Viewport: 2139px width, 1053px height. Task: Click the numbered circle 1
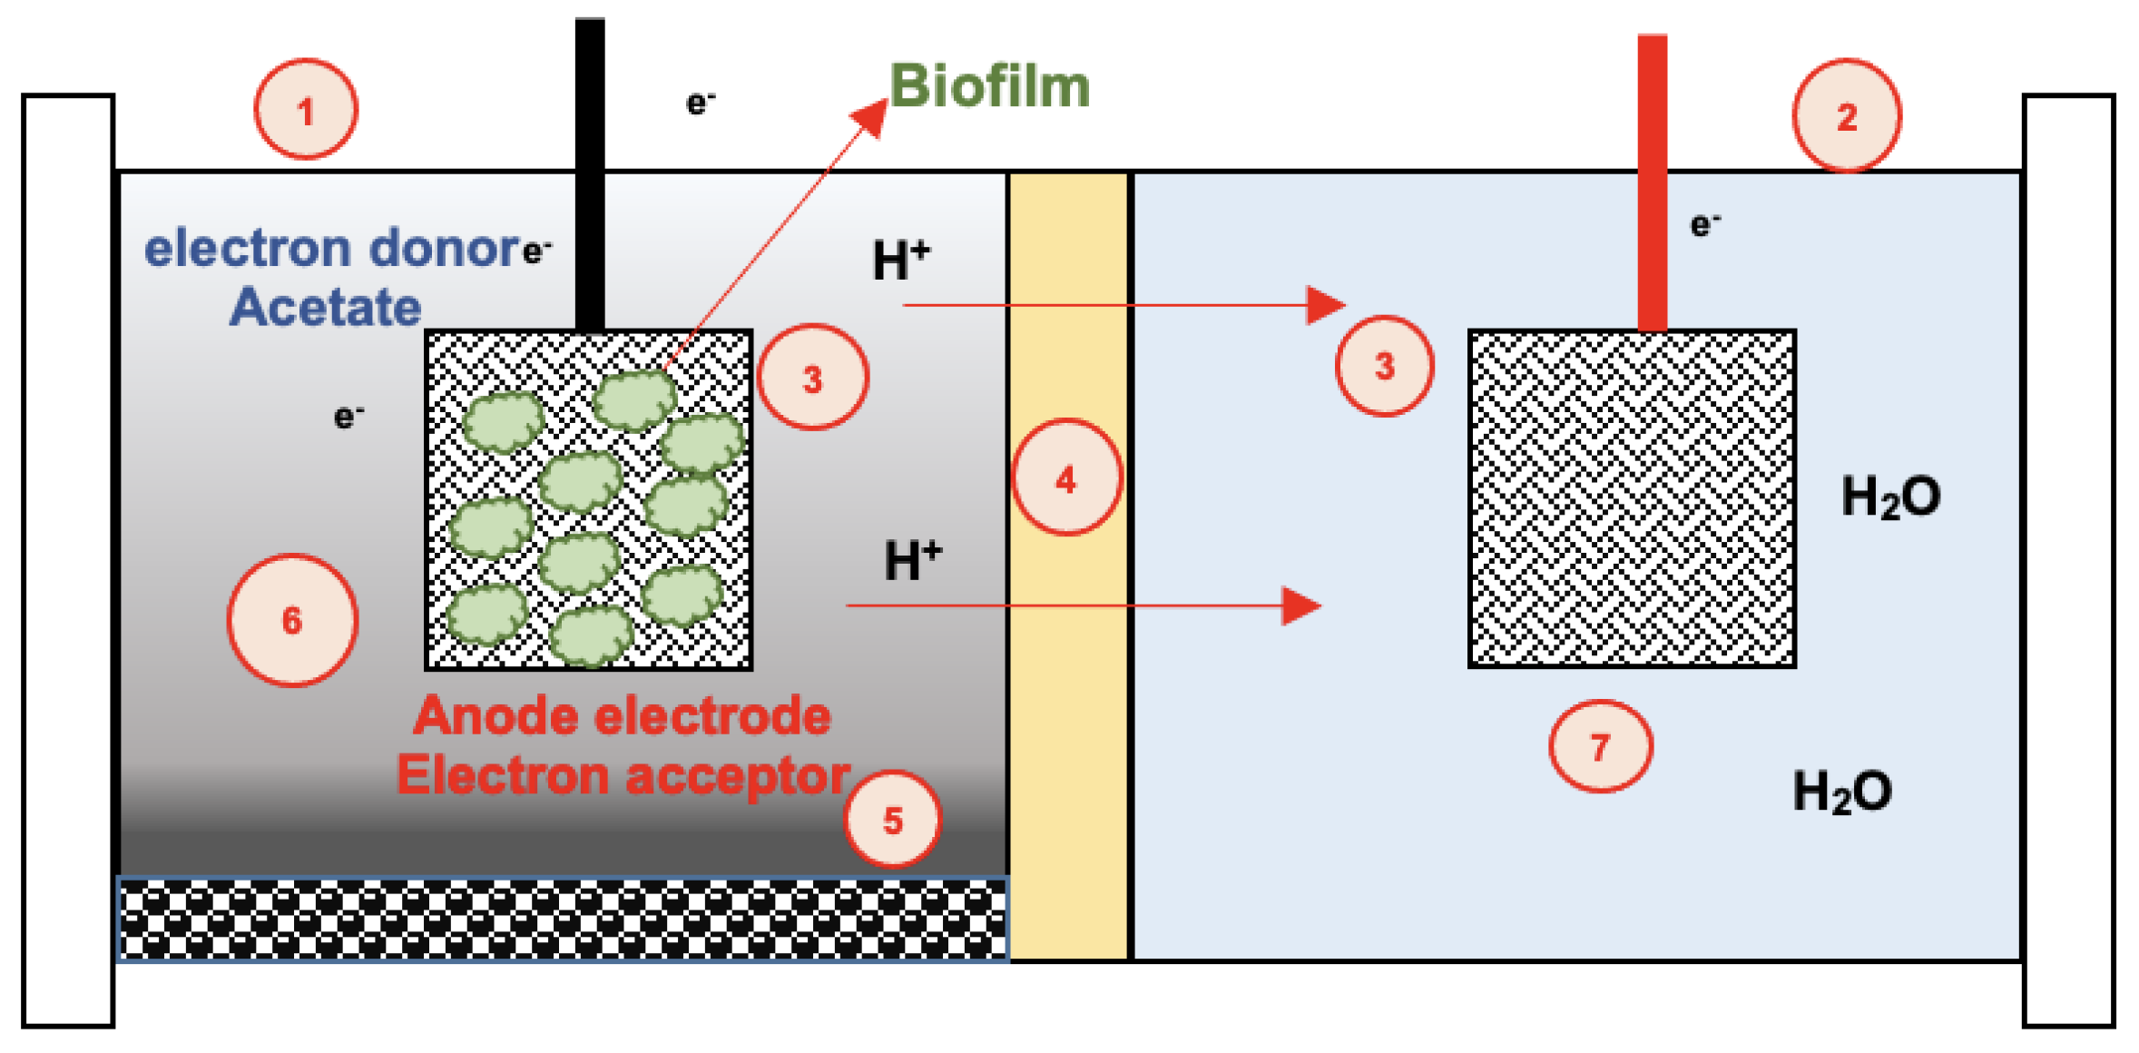305,110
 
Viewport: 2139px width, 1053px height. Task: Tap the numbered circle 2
1846,115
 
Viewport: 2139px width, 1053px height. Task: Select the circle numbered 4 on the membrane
1066,477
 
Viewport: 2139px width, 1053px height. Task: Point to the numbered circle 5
892,819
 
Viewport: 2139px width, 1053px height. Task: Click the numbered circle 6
291,620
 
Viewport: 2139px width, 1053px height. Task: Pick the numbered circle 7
1600,746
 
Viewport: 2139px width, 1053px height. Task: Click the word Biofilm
989,87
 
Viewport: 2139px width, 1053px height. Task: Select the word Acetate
325,307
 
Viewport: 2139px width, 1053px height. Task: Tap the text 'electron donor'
332,248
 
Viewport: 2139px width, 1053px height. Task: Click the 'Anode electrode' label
622,716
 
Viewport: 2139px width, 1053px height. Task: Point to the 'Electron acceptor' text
623,776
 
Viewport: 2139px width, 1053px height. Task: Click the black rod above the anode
590,172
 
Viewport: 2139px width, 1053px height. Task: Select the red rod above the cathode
1652,182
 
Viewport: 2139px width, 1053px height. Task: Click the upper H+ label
900,260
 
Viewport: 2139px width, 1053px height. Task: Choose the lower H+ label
912,559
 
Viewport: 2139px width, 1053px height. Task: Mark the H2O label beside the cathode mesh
1890,497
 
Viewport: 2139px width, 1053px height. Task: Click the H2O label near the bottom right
1842,792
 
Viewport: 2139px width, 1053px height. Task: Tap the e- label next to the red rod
1704,224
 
